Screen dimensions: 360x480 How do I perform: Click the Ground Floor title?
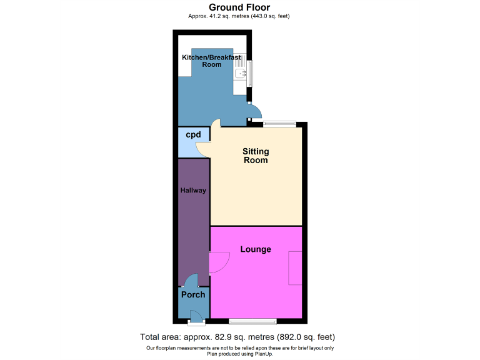point(239,7)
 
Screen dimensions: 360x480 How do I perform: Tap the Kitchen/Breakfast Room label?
point(211,61)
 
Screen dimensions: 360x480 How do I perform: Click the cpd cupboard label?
point(193,134)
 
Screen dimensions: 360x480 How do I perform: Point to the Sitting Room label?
point(256,156)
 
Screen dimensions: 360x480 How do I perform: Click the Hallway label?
point(194,190)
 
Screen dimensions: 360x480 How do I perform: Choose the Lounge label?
point(256,249)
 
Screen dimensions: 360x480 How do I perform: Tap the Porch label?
point(193,294)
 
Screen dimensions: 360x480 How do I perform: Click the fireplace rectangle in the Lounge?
point(295,268)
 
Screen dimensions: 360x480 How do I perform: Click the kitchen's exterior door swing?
point(254,112)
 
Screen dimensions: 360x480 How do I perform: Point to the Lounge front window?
point(252,322)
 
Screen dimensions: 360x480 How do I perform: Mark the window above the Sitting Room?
point(279,123)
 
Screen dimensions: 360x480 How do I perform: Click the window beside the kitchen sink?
point(251,74)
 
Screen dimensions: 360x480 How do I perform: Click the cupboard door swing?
point(204,149)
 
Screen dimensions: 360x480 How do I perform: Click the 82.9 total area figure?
point(223,337)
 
